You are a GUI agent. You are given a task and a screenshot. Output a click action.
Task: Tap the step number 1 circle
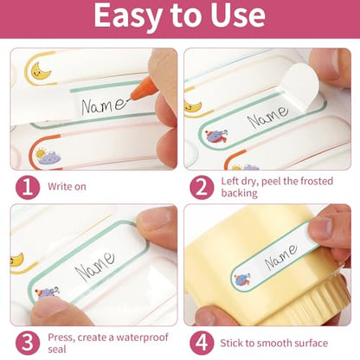(28, 187)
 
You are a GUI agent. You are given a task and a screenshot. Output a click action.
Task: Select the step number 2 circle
(202, 187)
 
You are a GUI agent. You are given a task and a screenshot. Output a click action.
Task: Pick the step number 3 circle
(28, 344)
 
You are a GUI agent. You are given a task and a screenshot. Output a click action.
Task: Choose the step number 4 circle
(202, 344)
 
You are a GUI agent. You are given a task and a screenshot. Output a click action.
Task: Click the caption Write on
(67, 187)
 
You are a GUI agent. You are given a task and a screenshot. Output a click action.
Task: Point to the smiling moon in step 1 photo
(41, 71)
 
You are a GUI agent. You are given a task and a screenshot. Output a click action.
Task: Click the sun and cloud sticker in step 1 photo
(48, 156)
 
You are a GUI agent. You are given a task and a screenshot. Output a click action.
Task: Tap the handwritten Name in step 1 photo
(104, 106)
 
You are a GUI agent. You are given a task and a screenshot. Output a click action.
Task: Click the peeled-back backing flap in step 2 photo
(299, 88)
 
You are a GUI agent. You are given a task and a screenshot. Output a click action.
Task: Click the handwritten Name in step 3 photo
(94, 267)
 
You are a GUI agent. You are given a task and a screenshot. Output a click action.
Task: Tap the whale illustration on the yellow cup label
(242, 280)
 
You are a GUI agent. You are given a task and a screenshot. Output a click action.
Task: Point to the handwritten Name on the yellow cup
(280, 257)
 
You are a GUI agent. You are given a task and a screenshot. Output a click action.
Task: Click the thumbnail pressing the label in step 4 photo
(318, 228)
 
